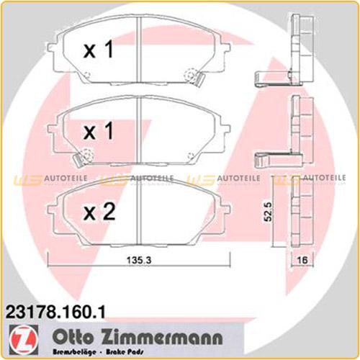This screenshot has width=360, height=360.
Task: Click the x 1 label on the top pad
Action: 99,50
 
